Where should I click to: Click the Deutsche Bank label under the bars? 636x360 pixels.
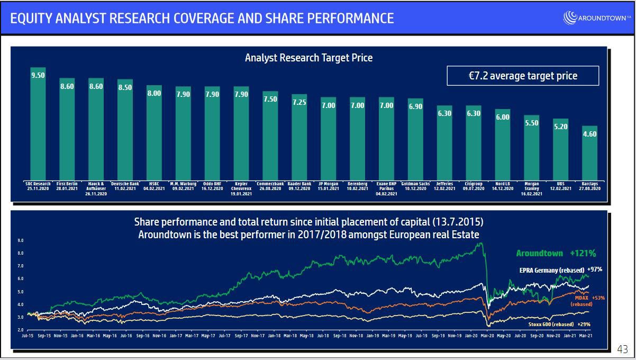point(125,186)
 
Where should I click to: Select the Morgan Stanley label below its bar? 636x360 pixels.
point(532,188)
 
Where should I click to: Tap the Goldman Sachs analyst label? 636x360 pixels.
point(415,186)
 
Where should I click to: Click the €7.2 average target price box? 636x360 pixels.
point(523,76)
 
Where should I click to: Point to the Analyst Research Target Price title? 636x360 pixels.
point(308,58)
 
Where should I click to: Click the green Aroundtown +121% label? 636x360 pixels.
point(556,254)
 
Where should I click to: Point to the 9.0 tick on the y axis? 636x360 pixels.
point(20,240)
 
